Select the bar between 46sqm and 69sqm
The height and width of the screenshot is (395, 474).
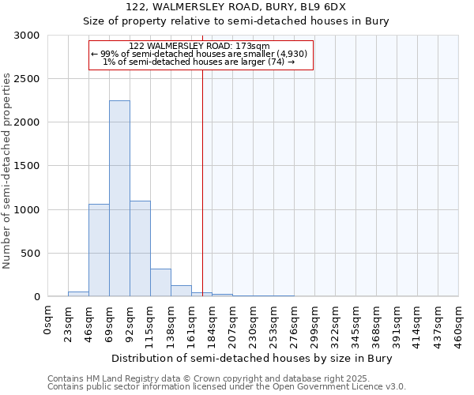pos(99,250)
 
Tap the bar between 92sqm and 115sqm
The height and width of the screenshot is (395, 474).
pos(140,249)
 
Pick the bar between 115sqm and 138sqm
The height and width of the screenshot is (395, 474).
pos(160,283)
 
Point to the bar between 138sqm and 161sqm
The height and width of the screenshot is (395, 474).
pos(181,291)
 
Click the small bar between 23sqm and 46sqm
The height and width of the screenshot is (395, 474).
pos(78,294)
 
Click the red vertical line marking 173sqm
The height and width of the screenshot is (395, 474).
pos(202,174)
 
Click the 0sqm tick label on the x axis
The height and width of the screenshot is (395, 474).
pos(48,320)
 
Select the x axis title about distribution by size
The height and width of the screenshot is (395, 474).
pos(251,358)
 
